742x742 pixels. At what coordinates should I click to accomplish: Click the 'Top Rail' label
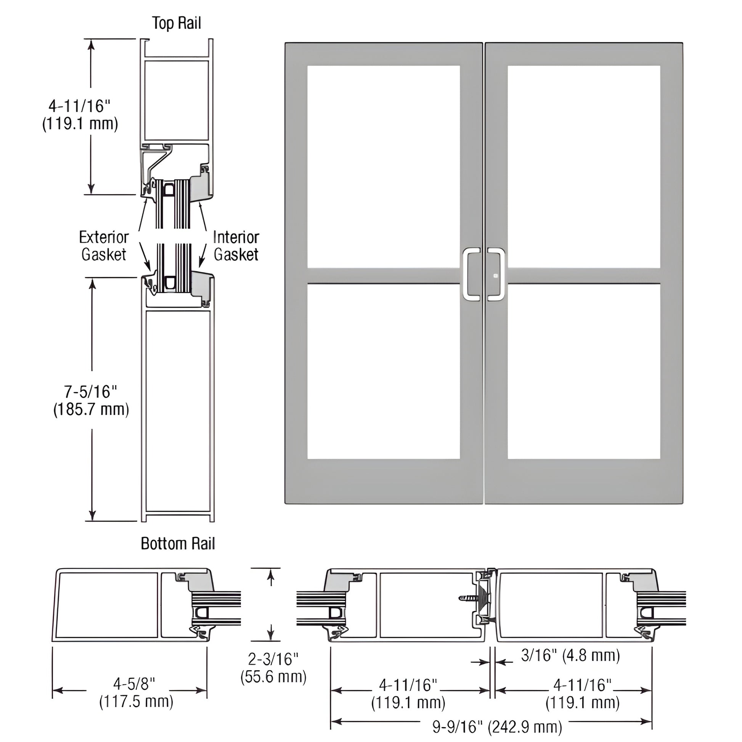(x=176, y=23)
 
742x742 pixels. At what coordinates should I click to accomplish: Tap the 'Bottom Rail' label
(x=177, y=543)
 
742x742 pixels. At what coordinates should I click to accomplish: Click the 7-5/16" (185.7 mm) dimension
(x=91, y=401)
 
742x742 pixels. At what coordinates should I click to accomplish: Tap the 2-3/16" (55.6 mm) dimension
(x=273, y=668)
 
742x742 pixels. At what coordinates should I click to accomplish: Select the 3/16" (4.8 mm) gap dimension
(x=570, y=655)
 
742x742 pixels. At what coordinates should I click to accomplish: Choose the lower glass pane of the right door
(x=584, y=371)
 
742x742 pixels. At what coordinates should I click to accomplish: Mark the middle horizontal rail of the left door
(x=383, y=276)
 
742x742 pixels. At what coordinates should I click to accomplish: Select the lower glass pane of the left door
(x=383, y=371)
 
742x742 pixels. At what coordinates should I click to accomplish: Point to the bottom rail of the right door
(x=584, y=481)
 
